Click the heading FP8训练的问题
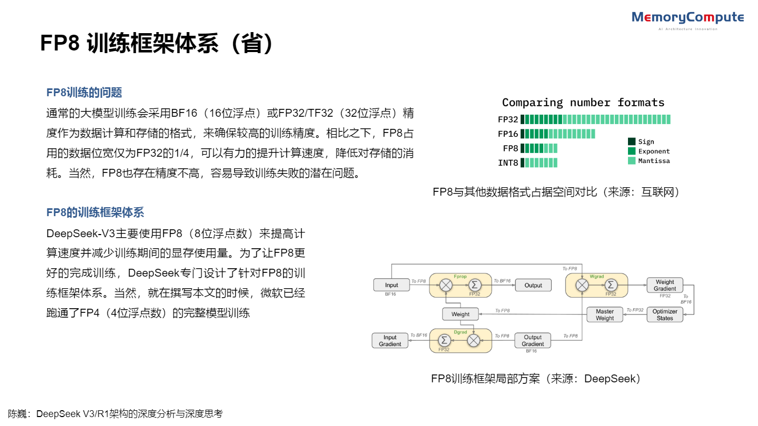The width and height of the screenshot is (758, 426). (x=84, y=93)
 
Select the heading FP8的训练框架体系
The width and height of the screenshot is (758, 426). (x=95, y=212)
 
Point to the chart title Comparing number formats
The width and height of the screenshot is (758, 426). (x=583, y=103)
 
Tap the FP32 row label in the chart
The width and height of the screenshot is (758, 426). (x=508, y=119)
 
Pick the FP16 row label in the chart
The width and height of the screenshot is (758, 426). (x=508, y=134)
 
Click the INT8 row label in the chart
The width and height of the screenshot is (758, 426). (x=508, y=163)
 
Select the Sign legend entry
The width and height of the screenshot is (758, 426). (x=645, y=141)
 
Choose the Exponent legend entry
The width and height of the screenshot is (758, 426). (x=653, y=151)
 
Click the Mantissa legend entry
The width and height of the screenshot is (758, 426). (x=653, y=161)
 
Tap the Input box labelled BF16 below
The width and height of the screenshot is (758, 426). (x=391, y=285)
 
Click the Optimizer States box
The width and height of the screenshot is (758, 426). (x=664, y=315)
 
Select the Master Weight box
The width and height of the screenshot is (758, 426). (x=604, y=315)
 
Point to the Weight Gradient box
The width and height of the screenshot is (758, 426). (x=664, y=285)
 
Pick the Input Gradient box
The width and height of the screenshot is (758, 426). (x=390, y=341)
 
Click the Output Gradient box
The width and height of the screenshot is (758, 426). (x=532, y=341)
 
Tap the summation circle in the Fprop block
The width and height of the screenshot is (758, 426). (x=475, y=285)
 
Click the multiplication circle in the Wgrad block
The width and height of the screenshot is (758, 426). (x=582, y=285)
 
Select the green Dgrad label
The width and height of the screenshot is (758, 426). (x=460, y=332)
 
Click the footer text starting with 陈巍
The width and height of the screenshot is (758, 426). (x=115, y=414)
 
